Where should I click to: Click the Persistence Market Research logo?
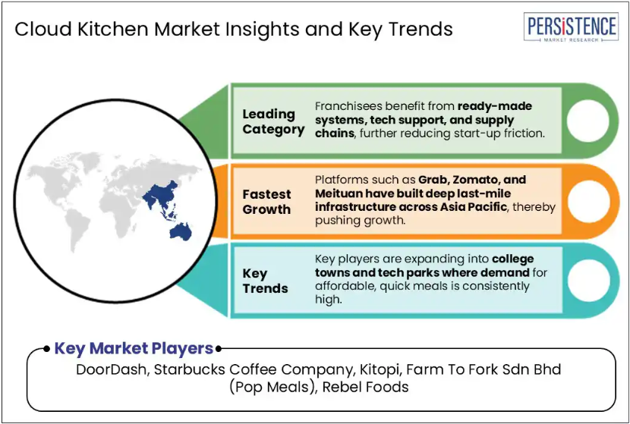571,27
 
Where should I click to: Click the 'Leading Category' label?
273,121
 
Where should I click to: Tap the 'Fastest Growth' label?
266,202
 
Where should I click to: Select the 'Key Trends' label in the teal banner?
265,281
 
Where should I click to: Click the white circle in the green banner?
587,121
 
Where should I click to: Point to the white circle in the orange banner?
588,201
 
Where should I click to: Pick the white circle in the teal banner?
588,281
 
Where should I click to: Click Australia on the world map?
181,231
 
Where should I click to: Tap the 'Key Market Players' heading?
134,348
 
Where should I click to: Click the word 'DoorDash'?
111,369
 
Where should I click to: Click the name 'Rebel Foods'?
365,387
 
